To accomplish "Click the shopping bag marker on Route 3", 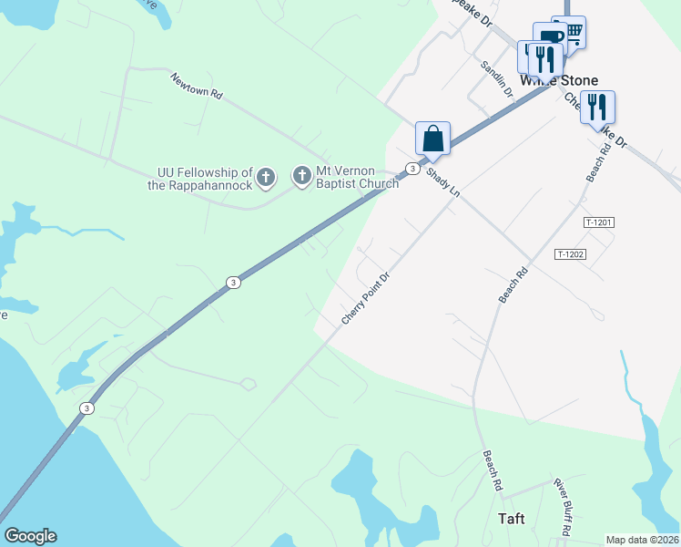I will point(433,139).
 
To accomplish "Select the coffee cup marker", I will point(550,38).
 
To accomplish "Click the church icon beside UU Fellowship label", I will point(266,177).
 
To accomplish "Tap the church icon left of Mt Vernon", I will point(302,177).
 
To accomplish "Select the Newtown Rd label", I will point(196,86).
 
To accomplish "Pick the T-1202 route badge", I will point(570,254).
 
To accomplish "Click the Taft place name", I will point(512,519).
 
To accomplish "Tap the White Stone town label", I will point(559,81).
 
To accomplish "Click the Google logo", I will point(30,536).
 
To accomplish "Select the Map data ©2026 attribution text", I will point(642,540).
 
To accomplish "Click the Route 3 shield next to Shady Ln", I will point(412,169).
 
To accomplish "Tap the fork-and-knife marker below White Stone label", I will point(597,108).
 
